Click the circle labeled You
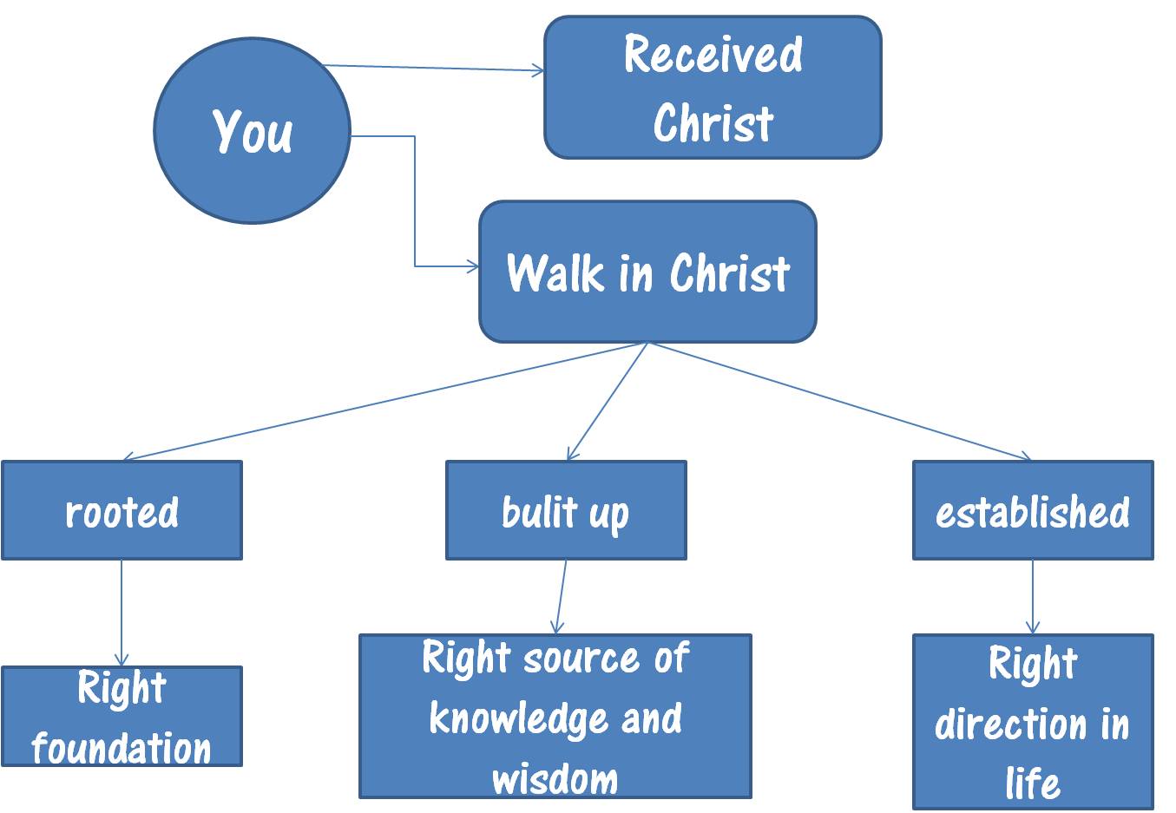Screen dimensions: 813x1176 click(x=252, y=130)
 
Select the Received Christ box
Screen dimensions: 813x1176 click(x=713, y=87)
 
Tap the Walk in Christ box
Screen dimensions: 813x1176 click(x=647, y=272)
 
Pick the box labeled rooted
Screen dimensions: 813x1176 click(x=122, y=510)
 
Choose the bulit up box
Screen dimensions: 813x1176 click(x=566, y=510)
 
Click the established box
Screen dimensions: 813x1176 click(x=1033, y=510)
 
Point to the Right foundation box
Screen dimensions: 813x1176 click(x=122, y=716)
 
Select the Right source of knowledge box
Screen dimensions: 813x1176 click(x=555, y=716)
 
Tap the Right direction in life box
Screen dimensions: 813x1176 click(x=1033, y=721)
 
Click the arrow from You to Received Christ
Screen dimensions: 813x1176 click(x=434, y=69)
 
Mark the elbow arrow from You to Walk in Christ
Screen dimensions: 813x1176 click(x=415, y=200)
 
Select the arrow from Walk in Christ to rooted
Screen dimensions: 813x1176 click(x=386, y=400)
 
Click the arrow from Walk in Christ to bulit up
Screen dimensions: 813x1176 click(x=608, y=400)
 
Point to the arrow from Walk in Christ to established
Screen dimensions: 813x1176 click(x=839, y=400)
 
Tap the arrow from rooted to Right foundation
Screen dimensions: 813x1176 click(x=122, y=613)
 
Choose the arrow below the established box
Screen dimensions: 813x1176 click(x=1033, y=597)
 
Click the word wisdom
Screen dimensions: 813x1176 click(x=555, y=778)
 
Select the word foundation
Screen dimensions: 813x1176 click(x=122, y=748)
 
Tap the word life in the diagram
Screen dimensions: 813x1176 click(x=1033, y=783)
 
